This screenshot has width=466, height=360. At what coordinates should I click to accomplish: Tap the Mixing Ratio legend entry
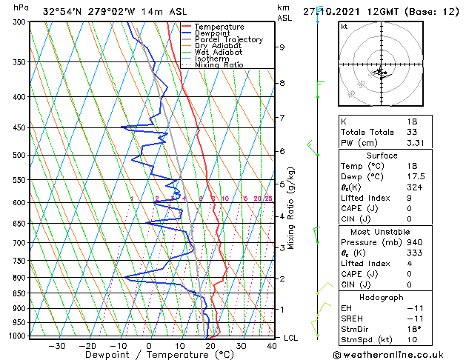(219, 65)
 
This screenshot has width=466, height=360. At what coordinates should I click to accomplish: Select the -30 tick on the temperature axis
(56, 345)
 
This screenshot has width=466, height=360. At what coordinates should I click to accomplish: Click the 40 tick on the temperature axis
(272, 345)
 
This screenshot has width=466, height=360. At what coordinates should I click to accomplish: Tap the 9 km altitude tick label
(282, 47)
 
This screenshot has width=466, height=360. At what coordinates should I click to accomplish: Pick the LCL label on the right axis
(292, 338)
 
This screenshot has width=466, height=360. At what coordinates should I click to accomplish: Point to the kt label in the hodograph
(344, 26)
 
